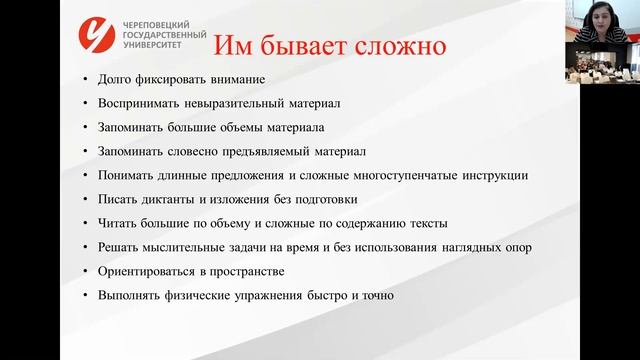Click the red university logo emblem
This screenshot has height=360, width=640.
click(104, 37)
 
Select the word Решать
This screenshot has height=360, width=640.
click(119, 248)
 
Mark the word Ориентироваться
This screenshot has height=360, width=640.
click(149, 272)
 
